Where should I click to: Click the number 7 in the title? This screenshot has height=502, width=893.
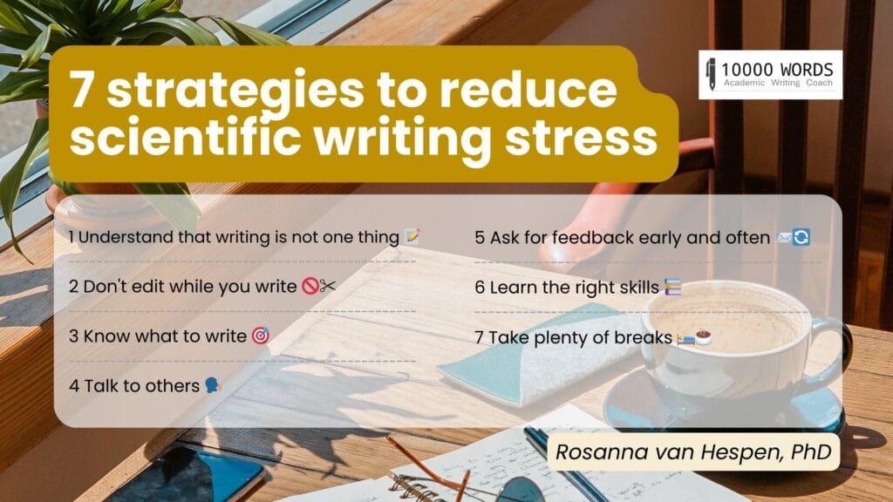[81, 90]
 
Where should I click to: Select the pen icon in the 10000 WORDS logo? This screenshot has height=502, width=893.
[711, 74]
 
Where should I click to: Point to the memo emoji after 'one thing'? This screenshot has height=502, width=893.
[412, 236]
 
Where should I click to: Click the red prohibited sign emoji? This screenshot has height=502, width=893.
[310, 285]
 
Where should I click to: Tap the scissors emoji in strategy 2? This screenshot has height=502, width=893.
[328, 285]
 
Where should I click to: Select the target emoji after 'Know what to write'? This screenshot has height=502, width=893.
[261, 336]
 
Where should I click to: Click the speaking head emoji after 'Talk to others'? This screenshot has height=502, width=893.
[213, 385]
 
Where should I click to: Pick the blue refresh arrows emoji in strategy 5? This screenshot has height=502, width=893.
[801, 237]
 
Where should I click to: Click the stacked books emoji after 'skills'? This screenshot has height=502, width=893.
[672, 287]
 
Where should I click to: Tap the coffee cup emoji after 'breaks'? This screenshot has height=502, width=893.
[704, 337]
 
